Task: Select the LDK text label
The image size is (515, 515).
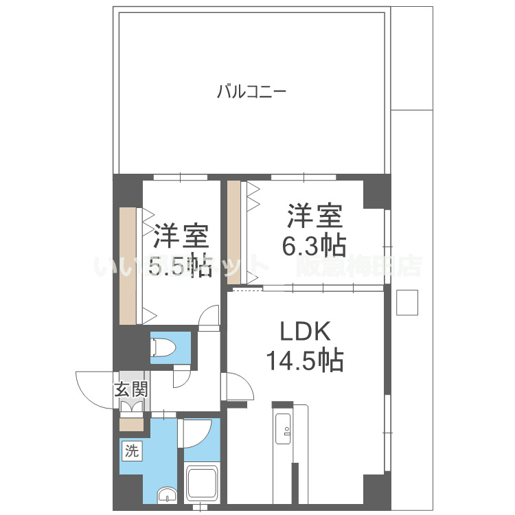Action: pos(306,334)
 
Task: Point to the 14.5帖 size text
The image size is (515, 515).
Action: pos(306,360)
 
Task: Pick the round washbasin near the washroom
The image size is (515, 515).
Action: pos(166,495)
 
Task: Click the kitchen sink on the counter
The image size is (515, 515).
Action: pos(283,428)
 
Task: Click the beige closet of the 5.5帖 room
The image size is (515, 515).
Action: pos(128,265)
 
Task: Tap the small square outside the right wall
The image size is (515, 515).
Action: pos(407,302)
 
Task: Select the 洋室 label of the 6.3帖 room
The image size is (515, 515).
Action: pos(314,218)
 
